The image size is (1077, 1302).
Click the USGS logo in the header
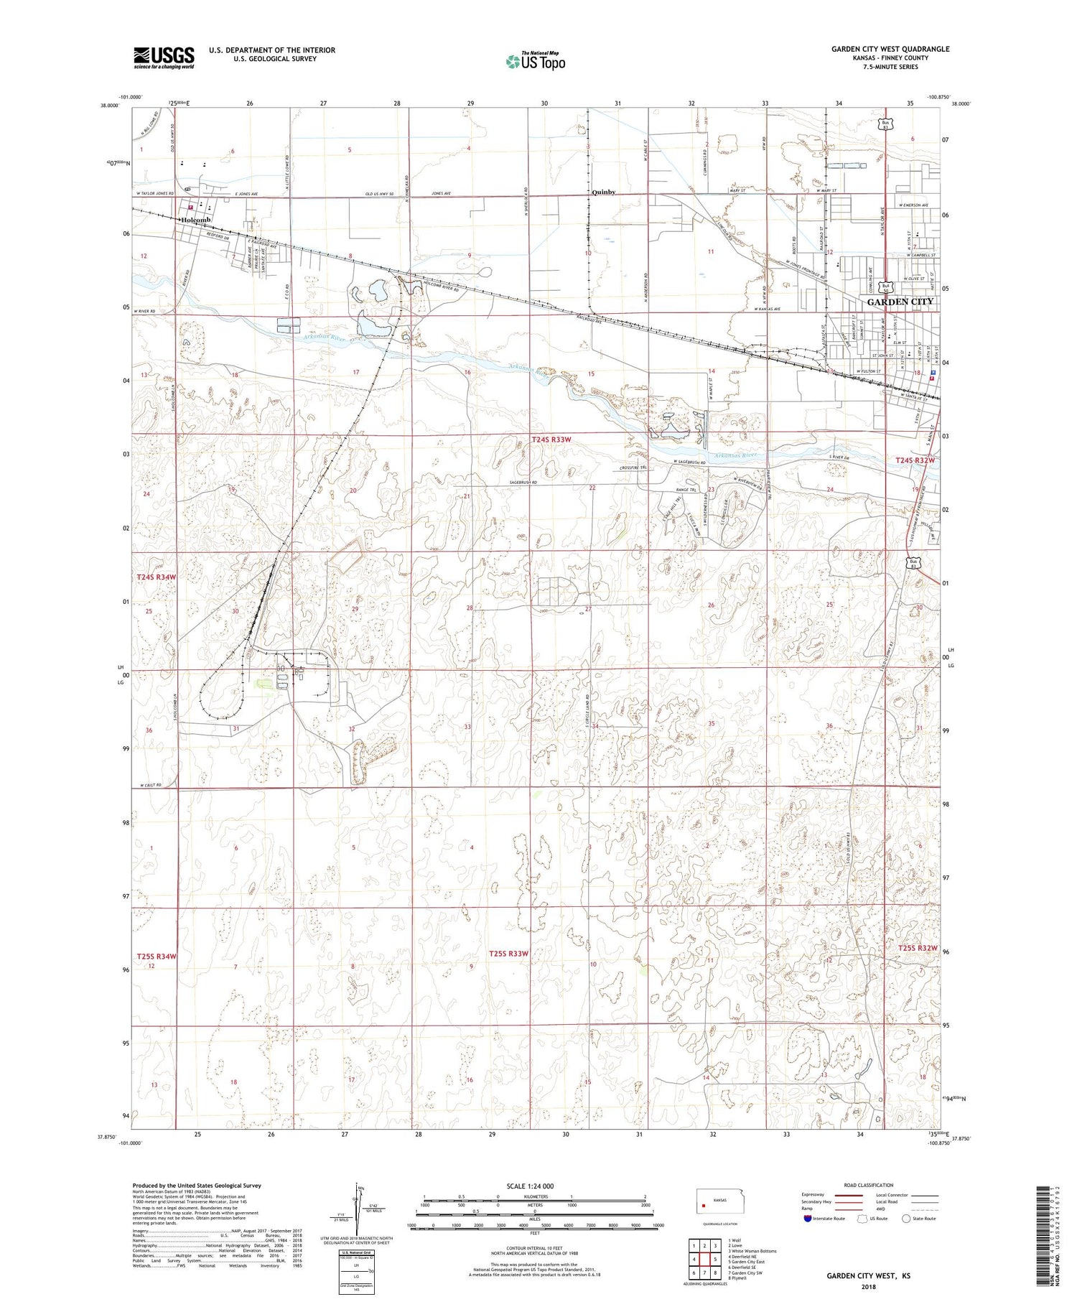[164, 57]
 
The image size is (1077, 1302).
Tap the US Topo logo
[536, 62]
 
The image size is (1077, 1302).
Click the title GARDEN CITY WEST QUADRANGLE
[890, 49]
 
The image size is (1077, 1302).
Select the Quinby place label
[603, 192]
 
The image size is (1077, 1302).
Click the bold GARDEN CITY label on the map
[900, 302]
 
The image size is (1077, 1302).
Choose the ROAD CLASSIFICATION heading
[869, 1185]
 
